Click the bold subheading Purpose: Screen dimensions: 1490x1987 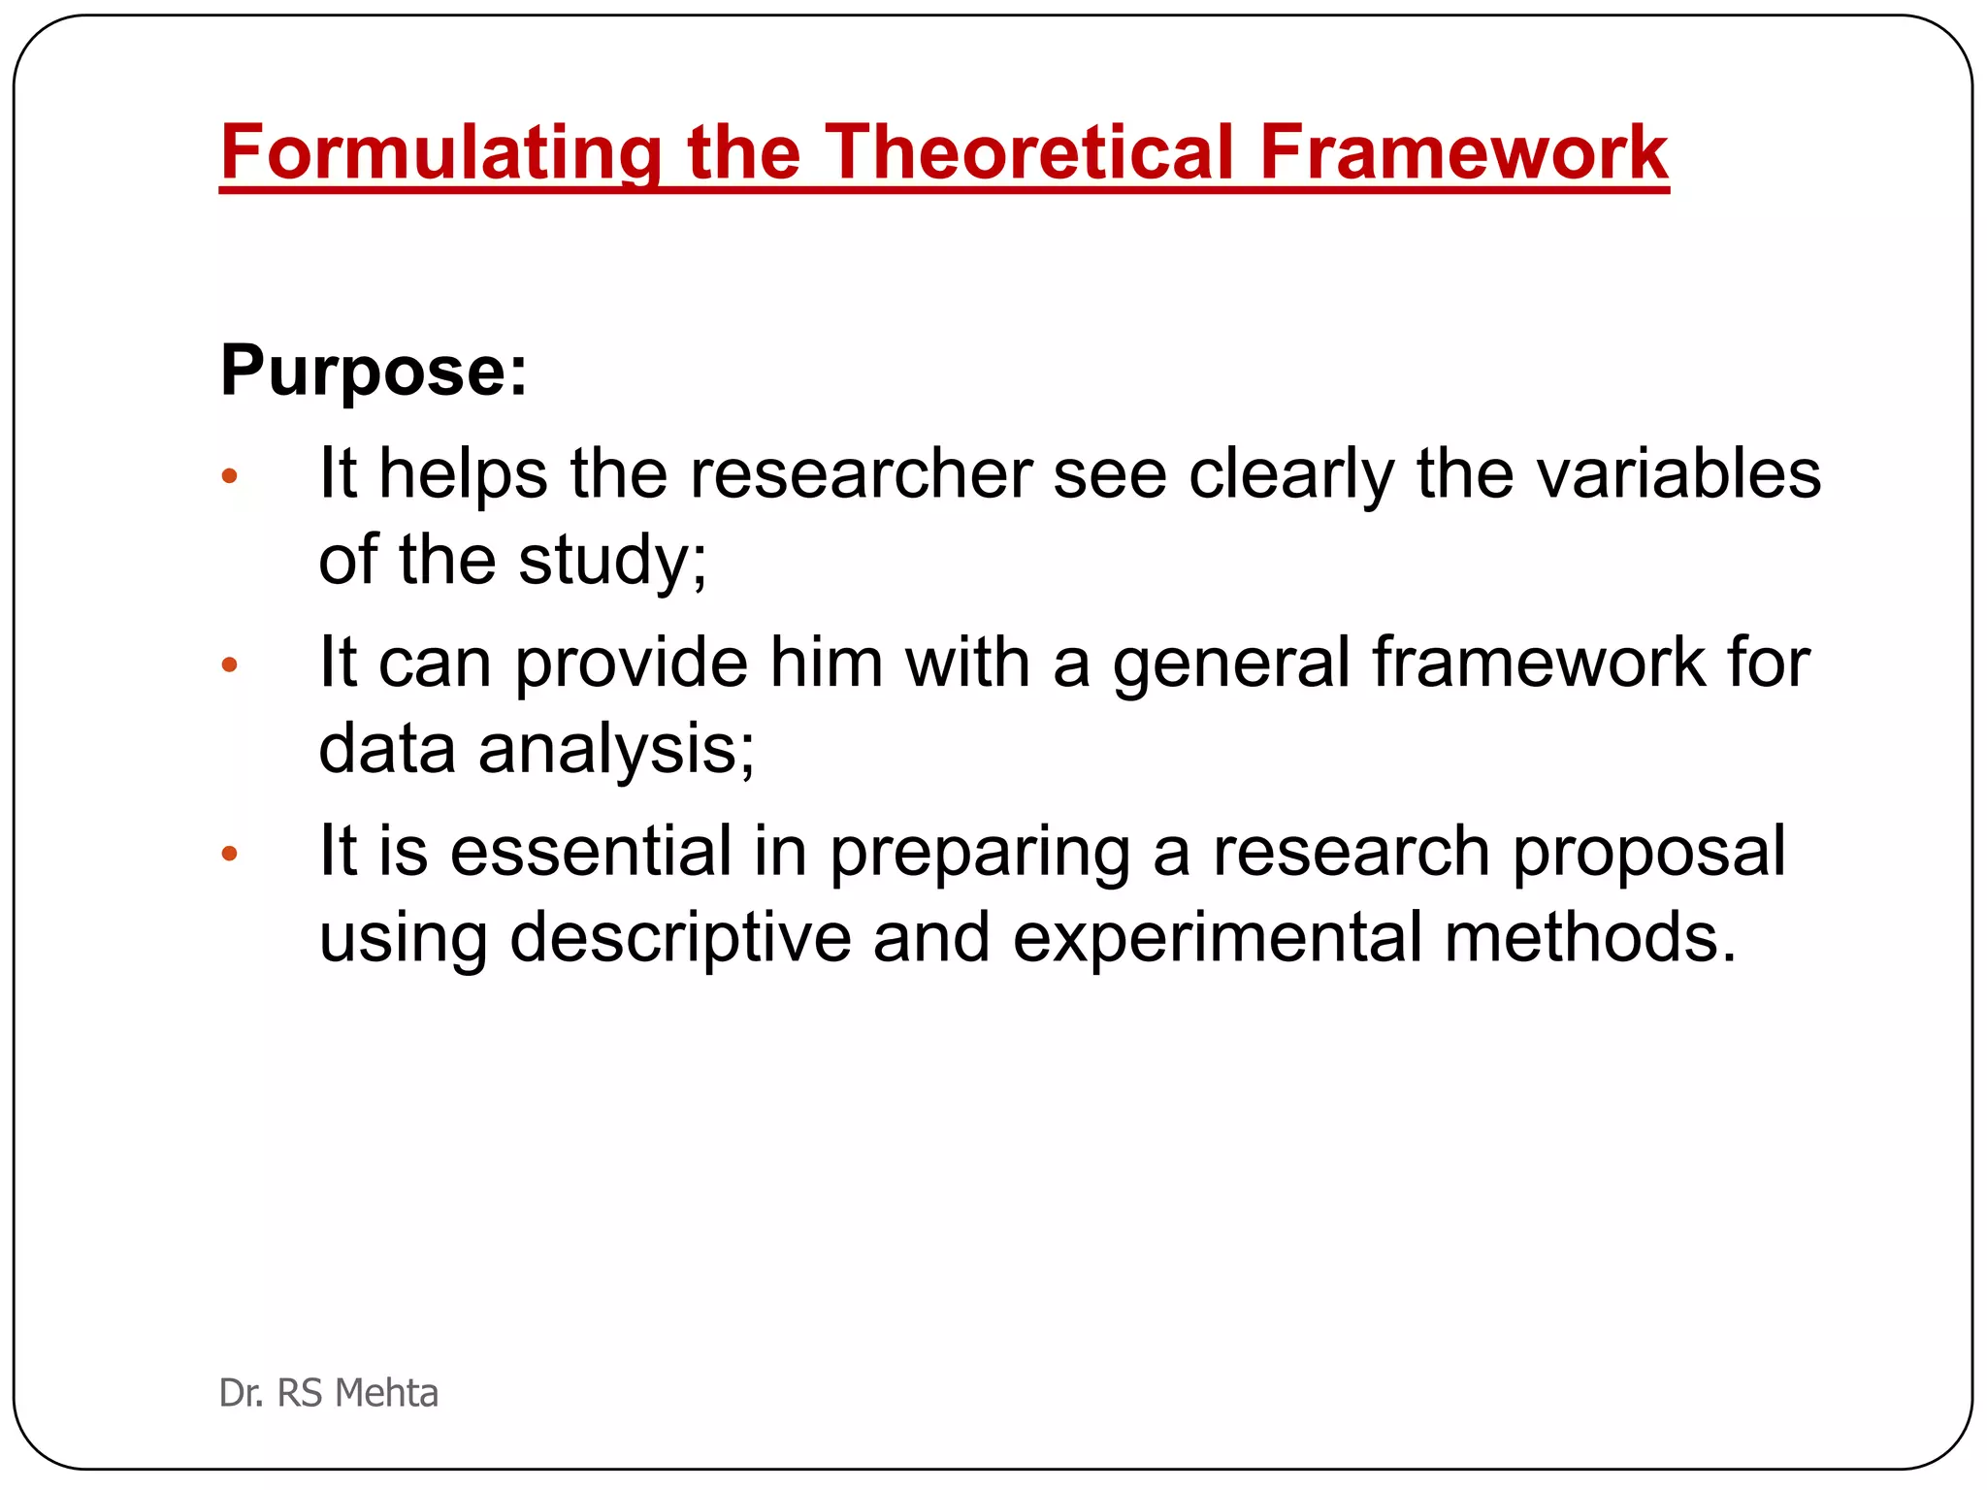click(x=374, y=371)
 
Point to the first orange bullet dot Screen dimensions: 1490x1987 click(x=230, y=475)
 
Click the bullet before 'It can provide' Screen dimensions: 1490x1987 click(x=230, y=664)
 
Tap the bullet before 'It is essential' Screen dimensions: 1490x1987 click(x=230, y=854)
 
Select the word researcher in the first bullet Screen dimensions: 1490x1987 click(x=861, y=474)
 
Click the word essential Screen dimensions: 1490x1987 click(x=591, y=852)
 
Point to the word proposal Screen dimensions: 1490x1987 click(x=1648, y=852)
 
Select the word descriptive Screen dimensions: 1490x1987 click(x=680, y=938)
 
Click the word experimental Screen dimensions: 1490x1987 click(x=1217, y=938)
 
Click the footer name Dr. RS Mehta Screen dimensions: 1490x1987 click(x=329, y=1393)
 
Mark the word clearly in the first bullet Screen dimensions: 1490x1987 click(x=1290, y=474)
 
